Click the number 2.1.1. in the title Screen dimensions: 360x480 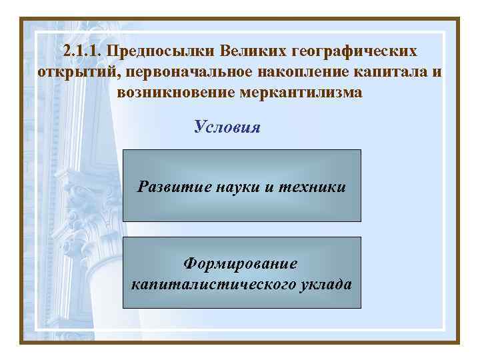(x=83, y=51)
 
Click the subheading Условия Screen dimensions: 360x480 (x=227, y=127)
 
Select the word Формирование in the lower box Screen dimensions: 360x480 (x=241, y=265)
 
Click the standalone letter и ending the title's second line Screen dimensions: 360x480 (x=435, y=72)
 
